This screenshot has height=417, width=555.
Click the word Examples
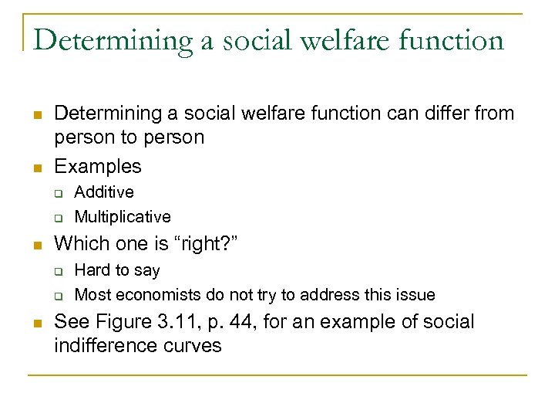pos(98,166)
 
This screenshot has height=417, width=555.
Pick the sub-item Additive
pos(104,192)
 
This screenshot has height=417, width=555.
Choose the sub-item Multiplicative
pos(123,217)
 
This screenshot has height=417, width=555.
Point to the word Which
pos(78,245)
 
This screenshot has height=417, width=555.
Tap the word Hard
pos(92,270)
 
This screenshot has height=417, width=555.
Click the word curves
pos(195,345)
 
